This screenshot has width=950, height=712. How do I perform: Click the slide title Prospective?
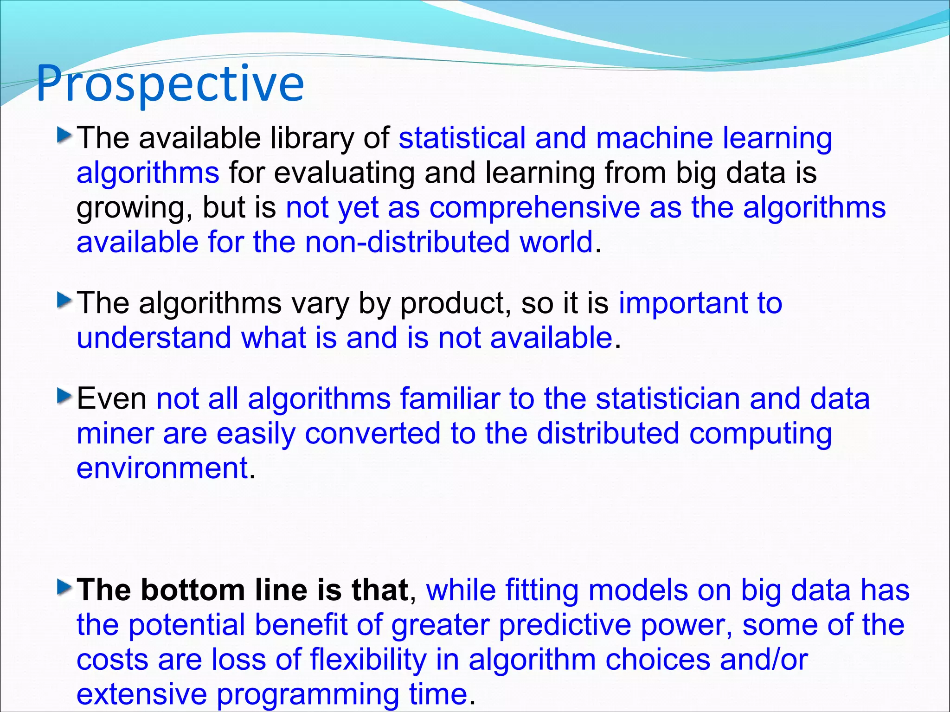170,84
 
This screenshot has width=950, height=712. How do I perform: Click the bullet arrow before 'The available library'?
64,136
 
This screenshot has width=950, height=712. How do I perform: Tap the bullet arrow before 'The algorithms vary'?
64,301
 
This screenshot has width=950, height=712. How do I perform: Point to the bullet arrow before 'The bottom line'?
64,588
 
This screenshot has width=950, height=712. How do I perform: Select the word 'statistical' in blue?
462,138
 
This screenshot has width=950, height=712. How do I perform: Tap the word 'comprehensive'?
534,207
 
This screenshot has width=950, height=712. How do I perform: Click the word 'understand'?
154,338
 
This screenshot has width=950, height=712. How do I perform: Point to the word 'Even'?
111,399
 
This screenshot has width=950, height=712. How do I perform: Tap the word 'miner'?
115,434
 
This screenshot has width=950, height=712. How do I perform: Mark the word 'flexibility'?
368,660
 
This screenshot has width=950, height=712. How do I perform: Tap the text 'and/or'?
764,660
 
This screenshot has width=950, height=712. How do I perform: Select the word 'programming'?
308,695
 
